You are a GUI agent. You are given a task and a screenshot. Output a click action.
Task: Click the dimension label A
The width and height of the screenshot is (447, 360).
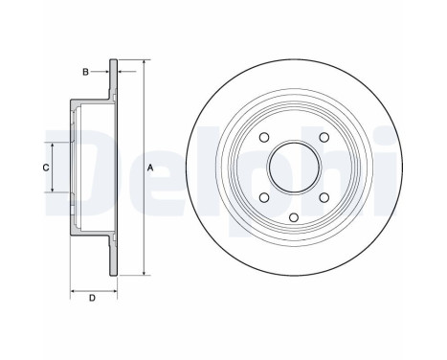[x=150, y=169]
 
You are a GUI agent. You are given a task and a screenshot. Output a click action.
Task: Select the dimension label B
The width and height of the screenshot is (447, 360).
[x=85, y=71]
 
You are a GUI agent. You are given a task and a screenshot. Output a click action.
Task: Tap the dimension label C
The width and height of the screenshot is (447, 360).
[x=46, y=168]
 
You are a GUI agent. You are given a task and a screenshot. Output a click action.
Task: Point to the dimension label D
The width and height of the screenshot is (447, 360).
[x=92, y=299]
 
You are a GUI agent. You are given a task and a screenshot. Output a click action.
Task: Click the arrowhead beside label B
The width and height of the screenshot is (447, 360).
[x=106, y=71]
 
